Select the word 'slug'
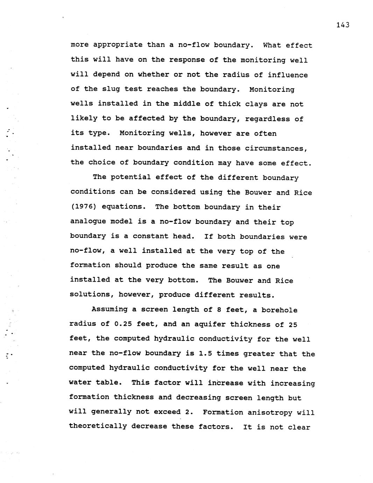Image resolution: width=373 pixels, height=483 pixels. click(x=111, y=89)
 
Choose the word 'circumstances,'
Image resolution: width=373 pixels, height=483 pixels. click(x=276, y=148)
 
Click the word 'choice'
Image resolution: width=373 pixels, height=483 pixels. click(x=99, y=163)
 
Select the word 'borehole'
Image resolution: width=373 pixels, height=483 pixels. click(x=280, y=310)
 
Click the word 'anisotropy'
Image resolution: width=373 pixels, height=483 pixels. click(x=270, y=412)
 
